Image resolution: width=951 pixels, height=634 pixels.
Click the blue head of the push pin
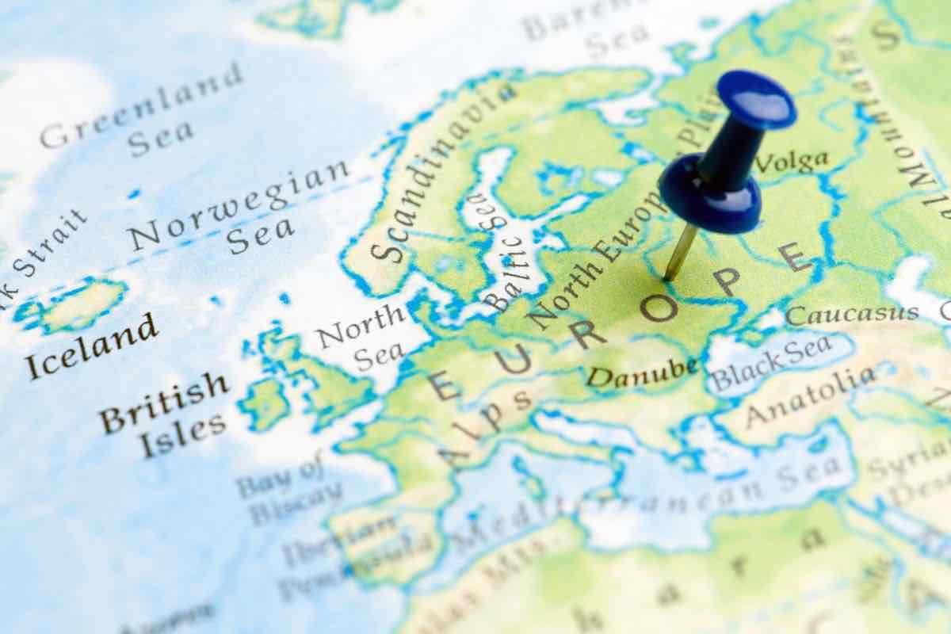[x=757, y=99]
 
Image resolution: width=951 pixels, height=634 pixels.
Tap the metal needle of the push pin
[x=680, y=251]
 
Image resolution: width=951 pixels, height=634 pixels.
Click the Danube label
[x=642, y=371]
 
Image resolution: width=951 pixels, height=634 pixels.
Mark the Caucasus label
[x=852, y=314]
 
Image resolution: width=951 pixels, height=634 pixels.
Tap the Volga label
[x=792, y=162]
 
